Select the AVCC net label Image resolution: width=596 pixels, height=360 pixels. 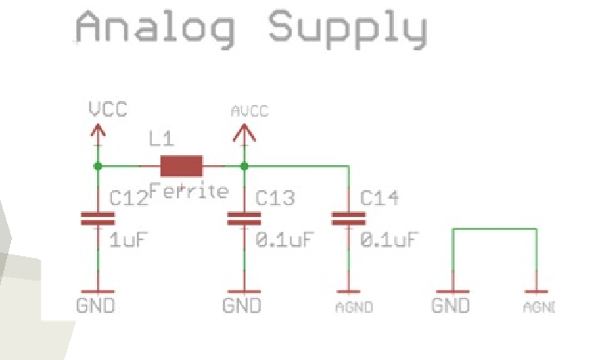tap(249, 112)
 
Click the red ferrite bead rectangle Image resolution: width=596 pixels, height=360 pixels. tap(181, 166)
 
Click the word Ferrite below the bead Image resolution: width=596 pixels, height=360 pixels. tap(188, 191)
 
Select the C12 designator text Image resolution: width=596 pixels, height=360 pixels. tap(128, 198)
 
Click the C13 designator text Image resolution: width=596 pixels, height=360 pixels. tap(276, 198)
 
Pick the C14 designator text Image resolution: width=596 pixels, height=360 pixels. tap(380, 198)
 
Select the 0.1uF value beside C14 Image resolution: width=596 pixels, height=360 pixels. tap(389, 238)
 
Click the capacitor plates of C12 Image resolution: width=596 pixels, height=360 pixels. tap(97, 218)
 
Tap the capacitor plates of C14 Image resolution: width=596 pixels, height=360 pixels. tap(349, 218)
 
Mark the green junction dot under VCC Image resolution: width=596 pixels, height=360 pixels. tap(97, 166)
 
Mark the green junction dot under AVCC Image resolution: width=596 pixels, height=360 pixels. tap(244, 166)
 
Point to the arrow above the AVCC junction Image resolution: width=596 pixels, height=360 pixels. tap(244, 134)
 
